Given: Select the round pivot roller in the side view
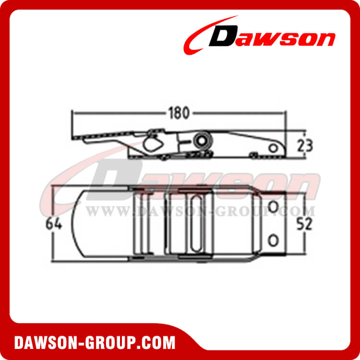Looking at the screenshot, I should [x=201, y=140].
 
